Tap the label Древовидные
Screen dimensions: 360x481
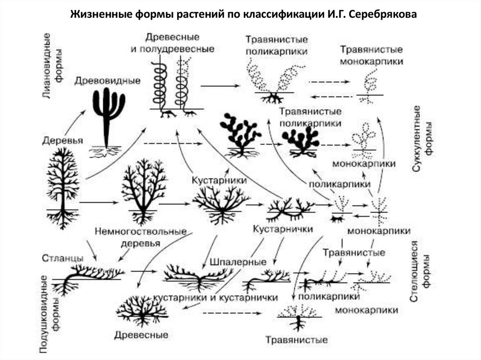pos(108,80)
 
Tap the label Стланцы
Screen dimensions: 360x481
pos(63,258)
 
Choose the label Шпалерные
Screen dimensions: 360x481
pos(238,261)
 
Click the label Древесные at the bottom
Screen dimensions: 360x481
pos(141,335)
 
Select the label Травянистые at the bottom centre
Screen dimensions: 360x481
pos(296,339)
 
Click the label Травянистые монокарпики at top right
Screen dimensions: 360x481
pos(371,55)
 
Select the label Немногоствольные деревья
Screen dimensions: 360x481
pos(141,237)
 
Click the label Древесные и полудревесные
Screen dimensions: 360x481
pos(172,43)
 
